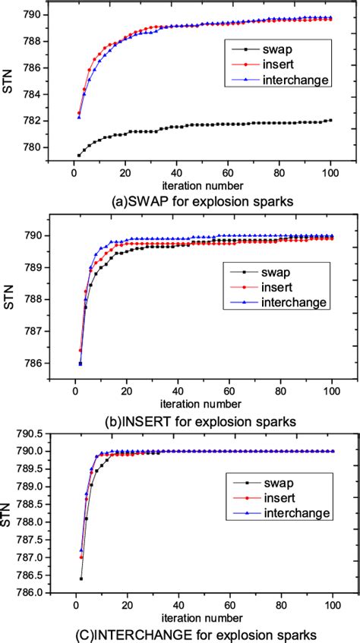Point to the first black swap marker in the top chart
[x=79, y=155]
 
